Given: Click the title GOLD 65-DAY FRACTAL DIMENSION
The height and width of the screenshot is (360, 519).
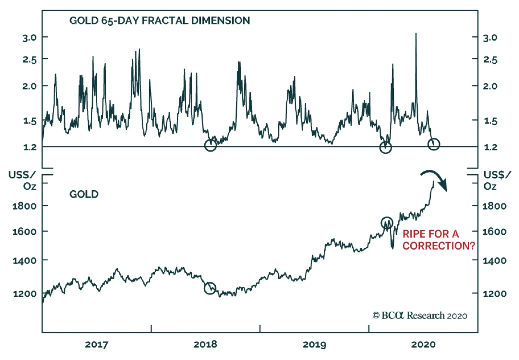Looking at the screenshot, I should point(160,20).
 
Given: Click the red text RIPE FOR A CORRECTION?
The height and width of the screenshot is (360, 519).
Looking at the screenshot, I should point(438,240).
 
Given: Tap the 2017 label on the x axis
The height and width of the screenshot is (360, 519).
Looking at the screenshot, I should point(96,344).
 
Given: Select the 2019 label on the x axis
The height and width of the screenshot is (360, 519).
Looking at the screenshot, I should point(314,344).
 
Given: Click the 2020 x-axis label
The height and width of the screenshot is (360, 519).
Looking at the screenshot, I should point(423,344).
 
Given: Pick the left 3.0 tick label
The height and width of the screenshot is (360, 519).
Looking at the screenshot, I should point(30,38).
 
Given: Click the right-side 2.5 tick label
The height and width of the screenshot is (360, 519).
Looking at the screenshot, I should point(490,60).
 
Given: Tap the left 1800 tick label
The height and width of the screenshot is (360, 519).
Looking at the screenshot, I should point(24,206).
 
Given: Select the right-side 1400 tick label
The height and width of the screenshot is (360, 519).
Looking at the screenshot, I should point(494,261).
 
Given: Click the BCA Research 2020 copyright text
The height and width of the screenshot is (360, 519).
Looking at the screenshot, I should point(420,316).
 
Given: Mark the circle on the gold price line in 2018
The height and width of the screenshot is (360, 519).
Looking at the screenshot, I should point(210,288).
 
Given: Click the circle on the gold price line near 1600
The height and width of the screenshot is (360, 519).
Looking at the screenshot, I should point(387,223).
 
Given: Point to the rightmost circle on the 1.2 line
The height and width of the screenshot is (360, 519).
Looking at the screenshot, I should point(434,144).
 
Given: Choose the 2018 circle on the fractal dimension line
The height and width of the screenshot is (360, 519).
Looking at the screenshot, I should point(211,145).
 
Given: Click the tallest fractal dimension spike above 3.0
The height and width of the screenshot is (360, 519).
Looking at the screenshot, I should point(416,34).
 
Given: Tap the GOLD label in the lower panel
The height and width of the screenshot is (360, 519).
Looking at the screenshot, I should point(84,194).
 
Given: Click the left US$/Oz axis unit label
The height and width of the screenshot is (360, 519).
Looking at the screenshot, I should point(22,180).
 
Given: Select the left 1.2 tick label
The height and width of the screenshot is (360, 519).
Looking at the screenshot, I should point(30,147).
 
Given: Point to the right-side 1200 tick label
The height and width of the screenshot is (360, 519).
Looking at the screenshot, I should point(494,294).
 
